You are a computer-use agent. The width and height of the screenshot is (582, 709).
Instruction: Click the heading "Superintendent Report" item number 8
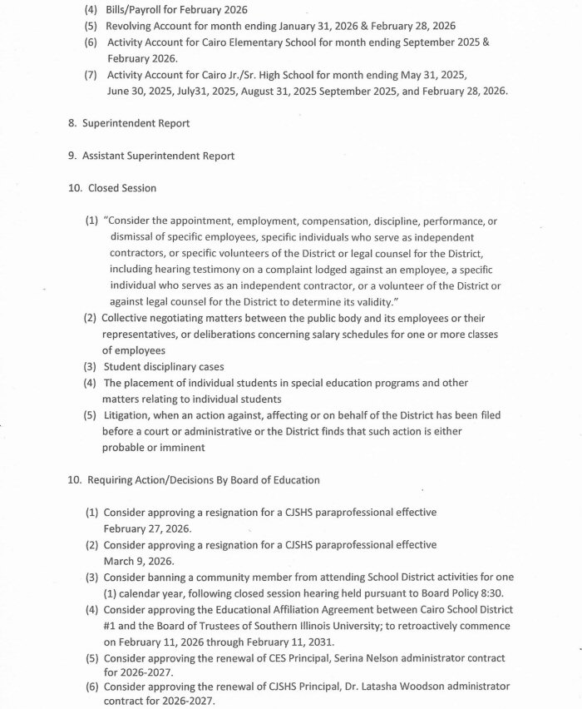tap(136, 123)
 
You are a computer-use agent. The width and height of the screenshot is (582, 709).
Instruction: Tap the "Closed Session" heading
tap(122, 188)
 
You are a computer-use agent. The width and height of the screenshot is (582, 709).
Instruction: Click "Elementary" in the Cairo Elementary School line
tap(264, 42)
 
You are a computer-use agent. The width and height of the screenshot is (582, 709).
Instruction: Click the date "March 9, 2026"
tap(137, 560)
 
